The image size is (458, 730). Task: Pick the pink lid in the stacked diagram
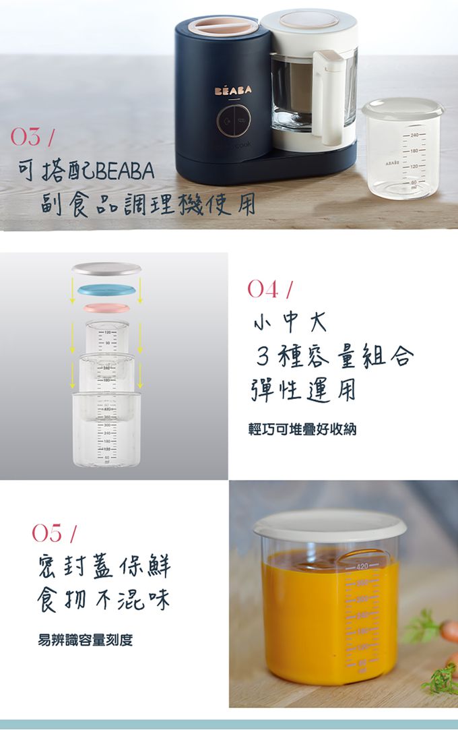click(106, 308)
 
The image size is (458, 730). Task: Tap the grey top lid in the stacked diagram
click(106, 268)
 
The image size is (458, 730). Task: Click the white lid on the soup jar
click(329, 524)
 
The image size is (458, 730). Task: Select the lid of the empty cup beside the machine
click(403, 108)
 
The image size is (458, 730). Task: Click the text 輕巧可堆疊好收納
click(302, 429)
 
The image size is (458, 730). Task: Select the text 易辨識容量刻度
click(85, 639)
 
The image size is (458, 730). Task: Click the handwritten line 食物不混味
click(104, 599)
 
